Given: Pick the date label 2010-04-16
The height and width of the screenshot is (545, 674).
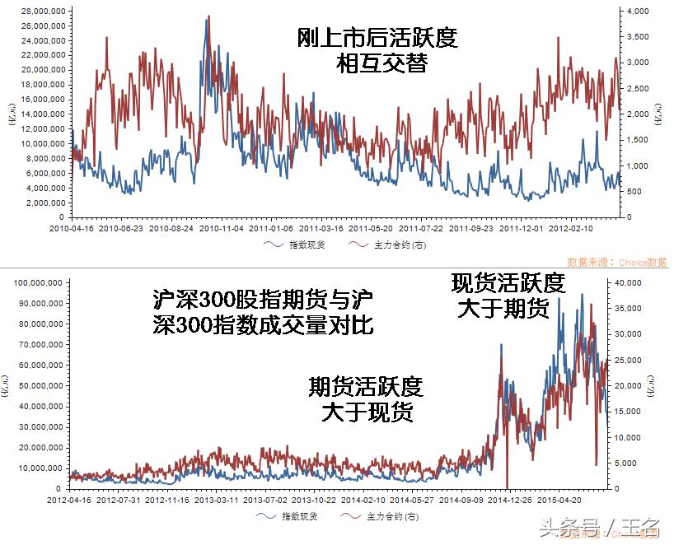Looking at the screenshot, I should [x=72, y=228].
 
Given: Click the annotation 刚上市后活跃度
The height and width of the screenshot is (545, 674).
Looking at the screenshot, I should [x=377, y=38].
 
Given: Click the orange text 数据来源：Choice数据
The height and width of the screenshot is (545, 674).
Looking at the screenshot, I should [x=622, y=262].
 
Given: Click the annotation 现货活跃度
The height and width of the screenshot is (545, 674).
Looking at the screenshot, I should [x=508, y=283].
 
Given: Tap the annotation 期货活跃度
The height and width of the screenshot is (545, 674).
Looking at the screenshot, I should [x=366, y=385].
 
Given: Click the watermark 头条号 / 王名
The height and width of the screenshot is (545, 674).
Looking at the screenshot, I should [x=599, y=525].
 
